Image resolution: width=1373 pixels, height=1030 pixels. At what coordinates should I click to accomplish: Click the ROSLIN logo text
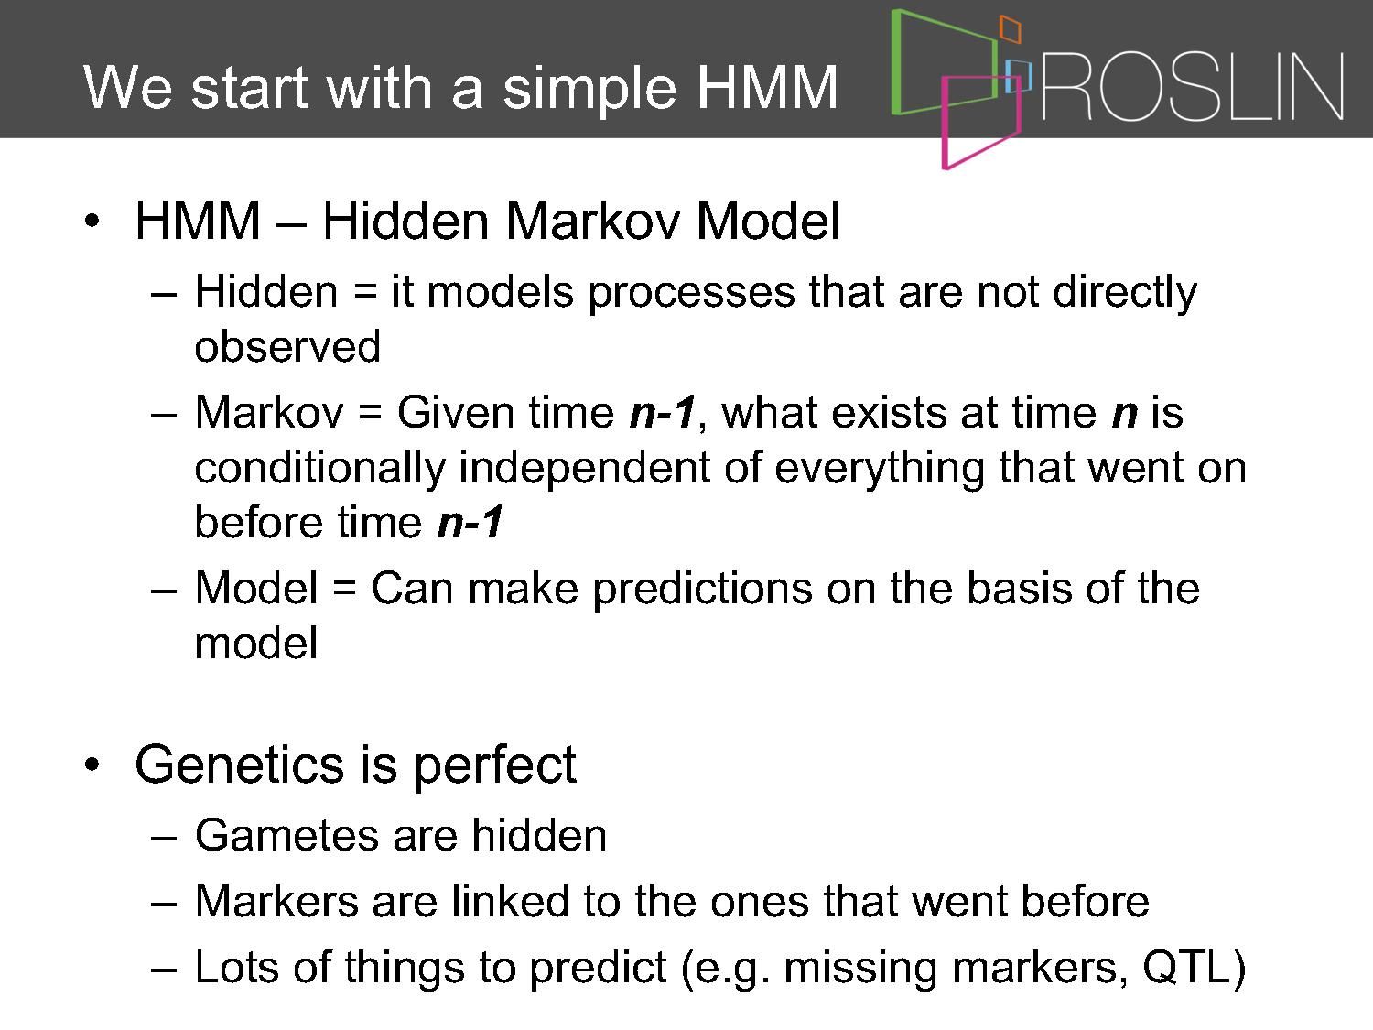[x=1193, y=86]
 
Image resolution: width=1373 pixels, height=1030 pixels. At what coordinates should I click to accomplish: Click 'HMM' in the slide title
[x=767, y=87]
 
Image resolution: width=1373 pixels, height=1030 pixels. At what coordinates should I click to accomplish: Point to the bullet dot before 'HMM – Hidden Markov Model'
[x=92, y=221]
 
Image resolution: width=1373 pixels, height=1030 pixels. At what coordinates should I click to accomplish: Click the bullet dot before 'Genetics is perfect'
[x=92, y=764]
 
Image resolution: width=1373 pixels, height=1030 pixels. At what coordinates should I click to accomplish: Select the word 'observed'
[x=287, y=346]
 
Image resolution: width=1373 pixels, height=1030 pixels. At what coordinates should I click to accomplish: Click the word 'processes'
[x=691, y=293]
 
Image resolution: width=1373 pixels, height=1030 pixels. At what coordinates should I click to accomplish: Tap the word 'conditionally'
[x=319, y=469]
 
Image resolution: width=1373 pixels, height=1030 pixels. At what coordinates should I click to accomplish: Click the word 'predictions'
[x=702, y=591]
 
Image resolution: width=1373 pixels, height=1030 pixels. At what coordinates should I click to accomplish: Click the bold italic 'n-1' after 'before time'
[x=470, y=522]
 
